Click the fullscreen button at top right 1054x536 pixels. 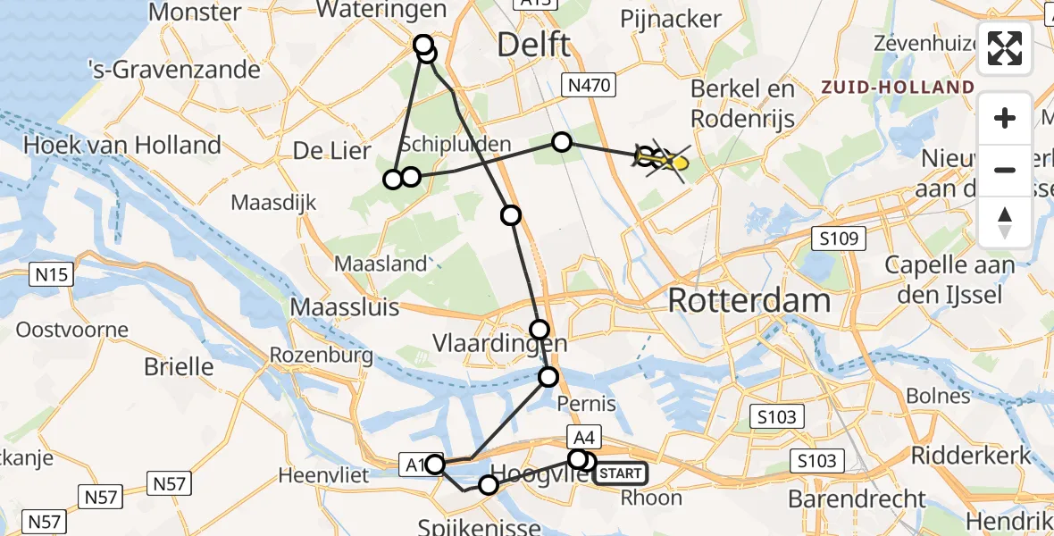pos(1005,48)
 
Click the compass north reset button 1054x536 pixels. pos(1005,222)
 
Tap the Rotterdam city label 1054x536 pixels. pos(749,300)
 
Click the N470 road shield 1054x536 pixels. pos(587,86)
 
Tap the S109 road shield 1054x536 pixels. pos(839,239)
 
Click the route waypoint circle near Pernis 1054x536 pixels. pos(548,377)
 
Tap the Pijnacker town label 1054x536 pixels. pos(670,19)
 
